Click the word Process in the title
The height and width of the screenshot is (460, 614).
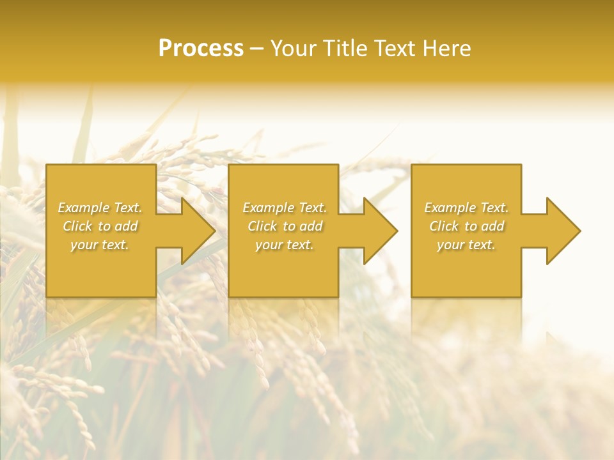tap(201, 49)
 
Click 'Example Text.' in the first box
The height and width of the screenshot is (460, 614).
tap(100, 208)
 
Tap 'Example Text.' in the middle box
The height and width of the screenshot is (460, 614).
tap(285, 208)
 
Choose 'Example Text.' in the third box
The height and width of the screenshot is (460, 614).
tap(466, 208)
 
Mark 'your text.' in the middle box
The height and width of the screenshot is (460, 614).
tap(284, 245)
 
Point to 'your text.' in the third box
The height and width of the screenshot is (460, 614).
tap(466, 245)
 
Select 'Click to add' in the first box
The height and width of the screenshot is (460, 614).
tap(100, 226)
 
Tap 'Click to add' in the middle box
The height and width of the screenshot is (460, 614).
tap(285, 226)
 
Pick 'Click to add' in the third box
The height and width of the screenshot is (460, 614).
tap(466, 226)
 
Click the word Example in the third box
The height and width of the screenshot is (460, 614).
tap(450, 208)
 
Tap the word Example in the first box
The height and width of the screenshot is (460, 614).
tap(84, 208)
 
